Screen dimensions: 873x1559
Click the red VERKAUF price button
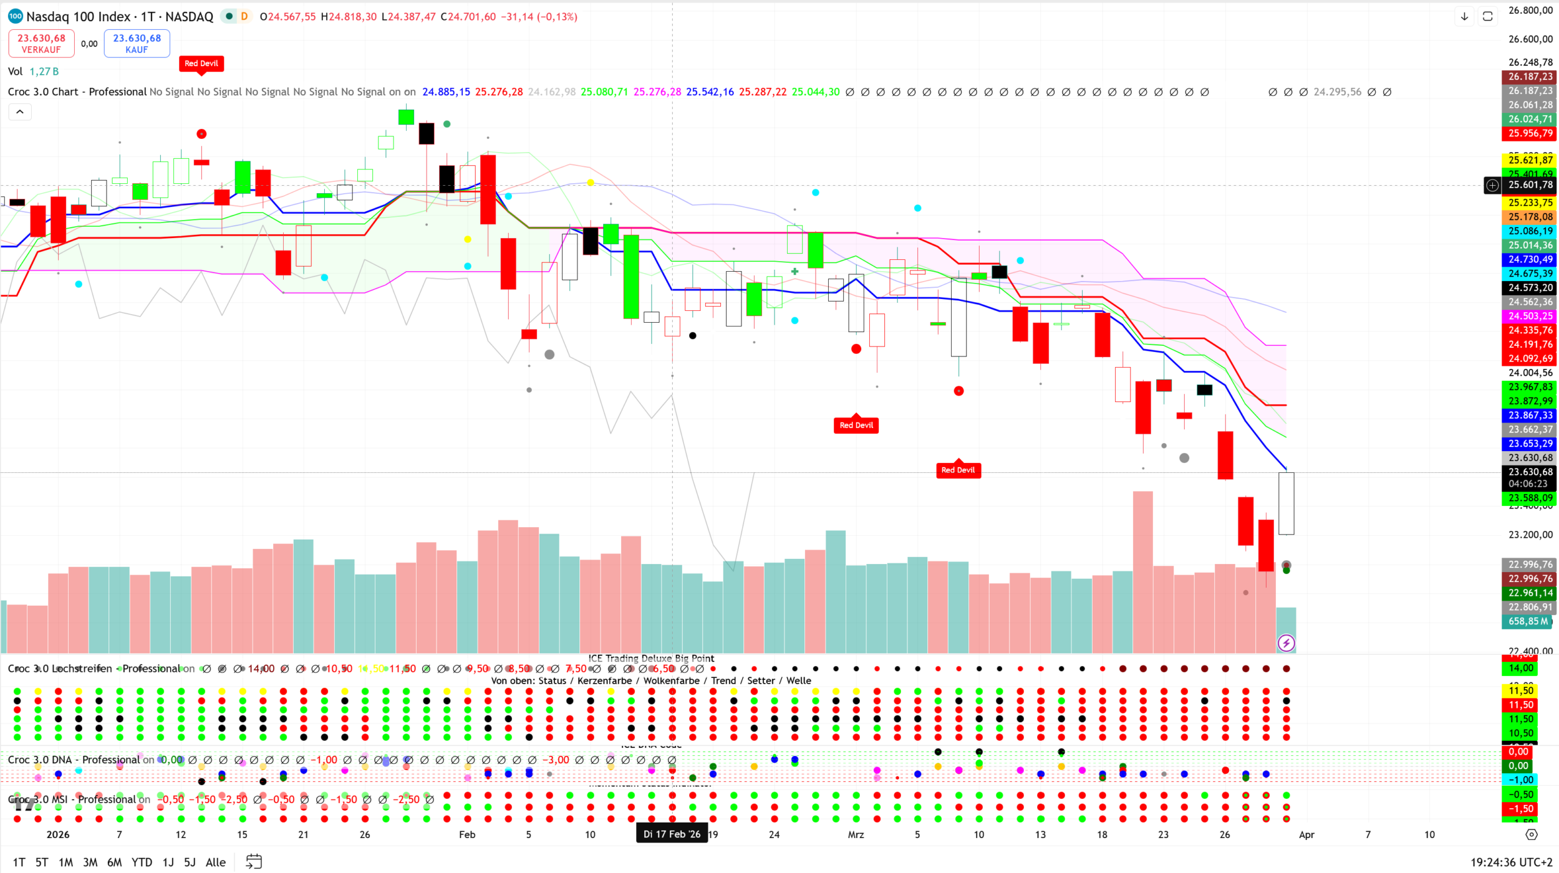(x=41, y=44)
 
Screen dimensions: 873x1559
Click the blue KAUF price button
(x=137, y=44)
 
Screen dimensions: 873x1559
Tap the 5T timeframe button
(x=42, y=862)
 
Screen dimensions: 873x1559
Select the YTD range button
(x=142, y=862)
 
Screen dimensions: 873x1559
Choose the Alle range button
(x=216, y=862)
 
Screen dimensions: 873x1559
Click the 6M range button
(x=114, y=862)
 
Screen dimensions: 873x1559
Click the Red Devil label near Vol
(x=201, y=64)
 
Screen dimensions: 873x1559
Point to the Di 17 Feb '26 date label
(x=672, y=834)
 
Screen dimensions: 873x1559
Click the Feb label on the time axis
(x=466, y=834)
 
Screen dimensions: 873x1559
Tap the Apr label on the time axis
(x=1306, y=834)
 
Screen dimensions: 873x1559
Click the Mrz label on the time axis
(x=856, y=834)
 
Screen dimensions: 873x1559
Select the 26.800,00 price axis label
(x=1530, y=11)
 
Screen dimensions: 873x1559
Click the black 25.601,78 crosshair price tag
(x=1530, y=185)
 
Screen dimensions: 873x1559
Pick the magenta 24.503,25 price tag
(x=1530, y=317)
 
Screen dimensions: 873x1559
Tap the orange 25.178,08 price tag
(x=1530, y=217)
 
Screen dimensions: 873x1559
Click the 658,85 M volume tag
(x=1528, y=621)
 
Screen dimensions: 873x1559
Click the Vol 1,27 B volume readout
(x=34, y=72)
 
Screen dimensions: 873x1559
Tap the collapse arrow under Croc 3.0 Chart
(x=20, y=112)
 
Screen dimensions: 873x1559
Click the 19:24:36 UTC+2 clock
(x=1511, y=862)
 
